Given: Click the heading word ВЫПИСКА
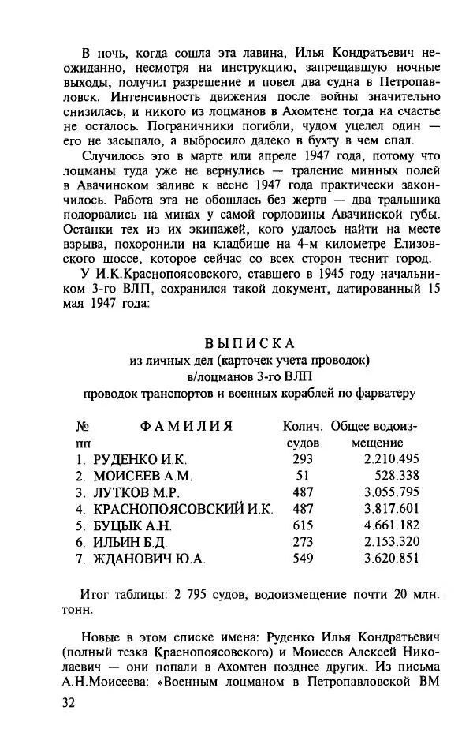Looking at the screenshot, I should coord(249,343).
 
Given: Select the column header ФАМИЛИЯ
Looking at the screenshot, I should coord(186,426).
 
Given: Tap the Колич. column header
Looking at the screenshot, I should coord(303,426).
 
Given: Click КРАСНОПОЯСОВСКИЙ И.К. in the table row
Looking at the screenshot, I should coord(183,509).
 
